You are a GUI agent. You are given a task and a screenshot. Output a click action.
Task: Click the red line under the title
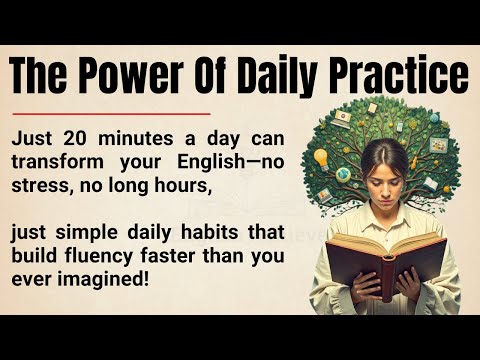click(x=109, y=114)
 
